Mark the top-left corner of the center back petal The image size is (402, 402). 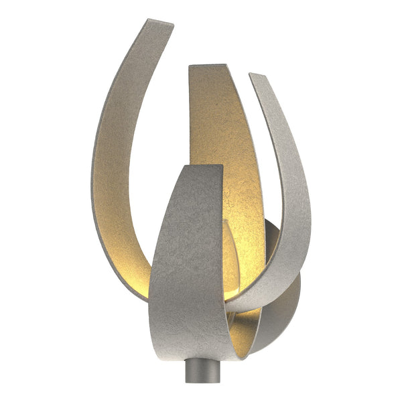coord(190,67)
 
